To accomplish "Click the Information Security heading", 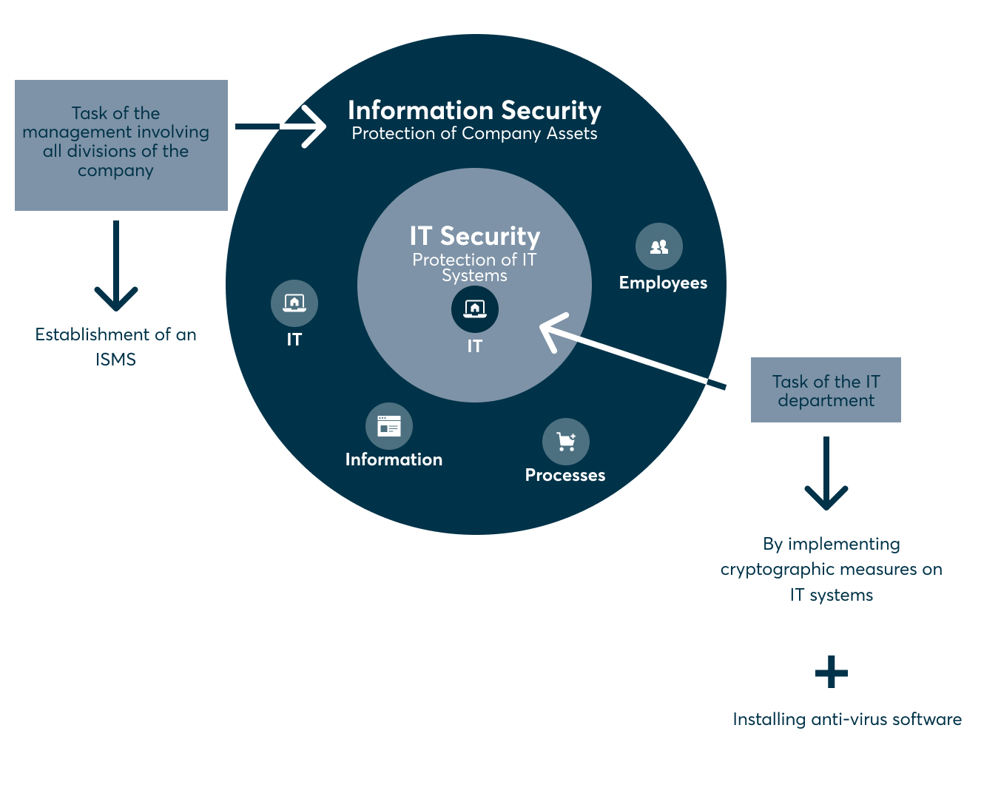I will [474, 110].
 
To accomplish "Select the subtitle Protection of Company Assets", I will [474, 134].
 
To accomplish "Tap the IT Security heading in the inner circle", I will [474, 236].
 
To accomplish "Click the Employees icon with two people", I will [658, 246].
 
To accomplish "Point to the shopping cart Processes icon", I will [565, 442].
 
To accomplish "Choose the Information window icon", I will [388, 426].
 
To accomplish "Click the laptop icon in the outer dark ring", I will [294, 303].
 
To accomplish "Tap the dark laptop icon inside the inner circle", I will [474, 309].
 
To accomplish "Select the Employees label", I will [663, 283].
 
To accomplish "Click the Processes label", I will [565, 475].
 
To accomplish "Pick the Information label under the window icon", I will [394, 459].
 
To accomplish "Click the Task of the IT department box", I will [826, 390].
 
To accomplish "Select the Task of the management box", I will [121, 145].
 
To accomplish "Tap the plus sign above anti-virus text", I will [831, 672].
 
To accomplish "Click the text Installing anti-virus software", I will [847, 719].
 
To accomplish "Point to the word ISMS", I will [115, 360].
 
